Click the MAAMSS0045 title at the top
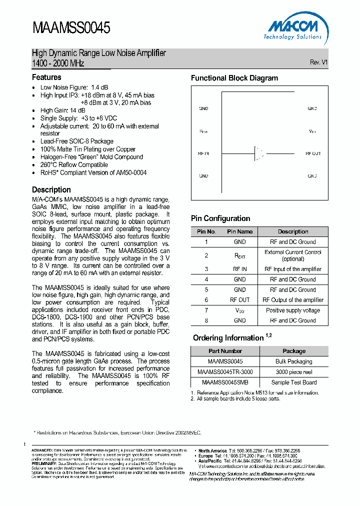tap(71, 28)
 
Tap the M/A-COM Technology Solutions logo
tap(292, 29)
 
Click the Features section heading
tap(46, 77)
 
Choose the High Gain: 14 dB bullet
tap(62, 110)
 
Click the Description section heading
tap(51, 189)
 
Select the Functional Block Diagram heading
tap(234, 78)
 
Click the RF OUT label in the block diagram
tap(313, 153)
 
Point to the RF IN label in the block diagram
tap(203, 153)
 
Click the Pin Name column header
tap(239, 231)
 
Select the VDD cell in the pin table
tap(239, 310)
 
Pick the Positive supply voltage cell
tap(293, 310)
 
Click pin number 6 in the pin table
tap(206, 300)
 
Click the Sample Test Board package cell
tap(294, 382)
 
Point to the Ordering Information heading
tap(228, 338)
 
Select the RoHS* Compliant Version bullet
tap(93, 172)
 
